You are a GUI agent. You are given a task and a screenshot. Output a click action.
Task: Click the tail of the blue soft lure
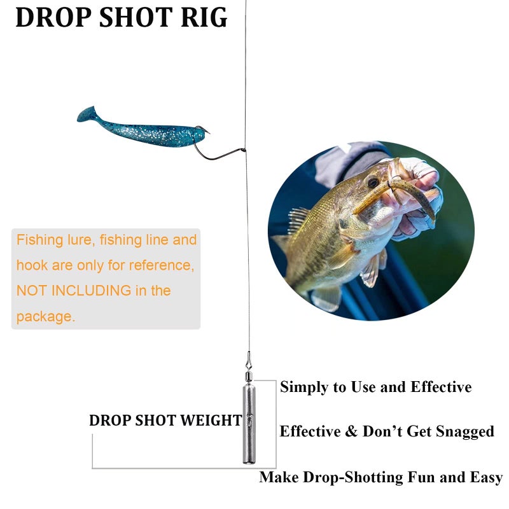click(x=86, y=115)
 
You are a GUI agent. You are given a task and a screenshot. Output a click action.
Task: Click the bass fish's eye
click(x=372, y=183)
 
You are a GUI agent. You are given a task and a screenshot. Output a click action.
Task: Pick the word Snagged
click(x=464, y=432)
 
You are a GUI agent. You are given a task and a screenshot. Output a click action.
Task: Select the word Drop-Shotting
click(x=363, y=478)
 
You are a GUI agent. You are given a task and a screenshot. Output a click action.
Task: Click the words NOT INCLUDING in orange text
click(x=73, y=291)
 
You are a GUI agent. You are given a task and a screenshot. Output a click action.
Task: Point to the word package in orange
click(x=46, y=316)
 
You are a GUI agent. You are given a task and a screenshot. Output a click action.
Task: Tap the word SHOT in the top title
click(x=133, y=17)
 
